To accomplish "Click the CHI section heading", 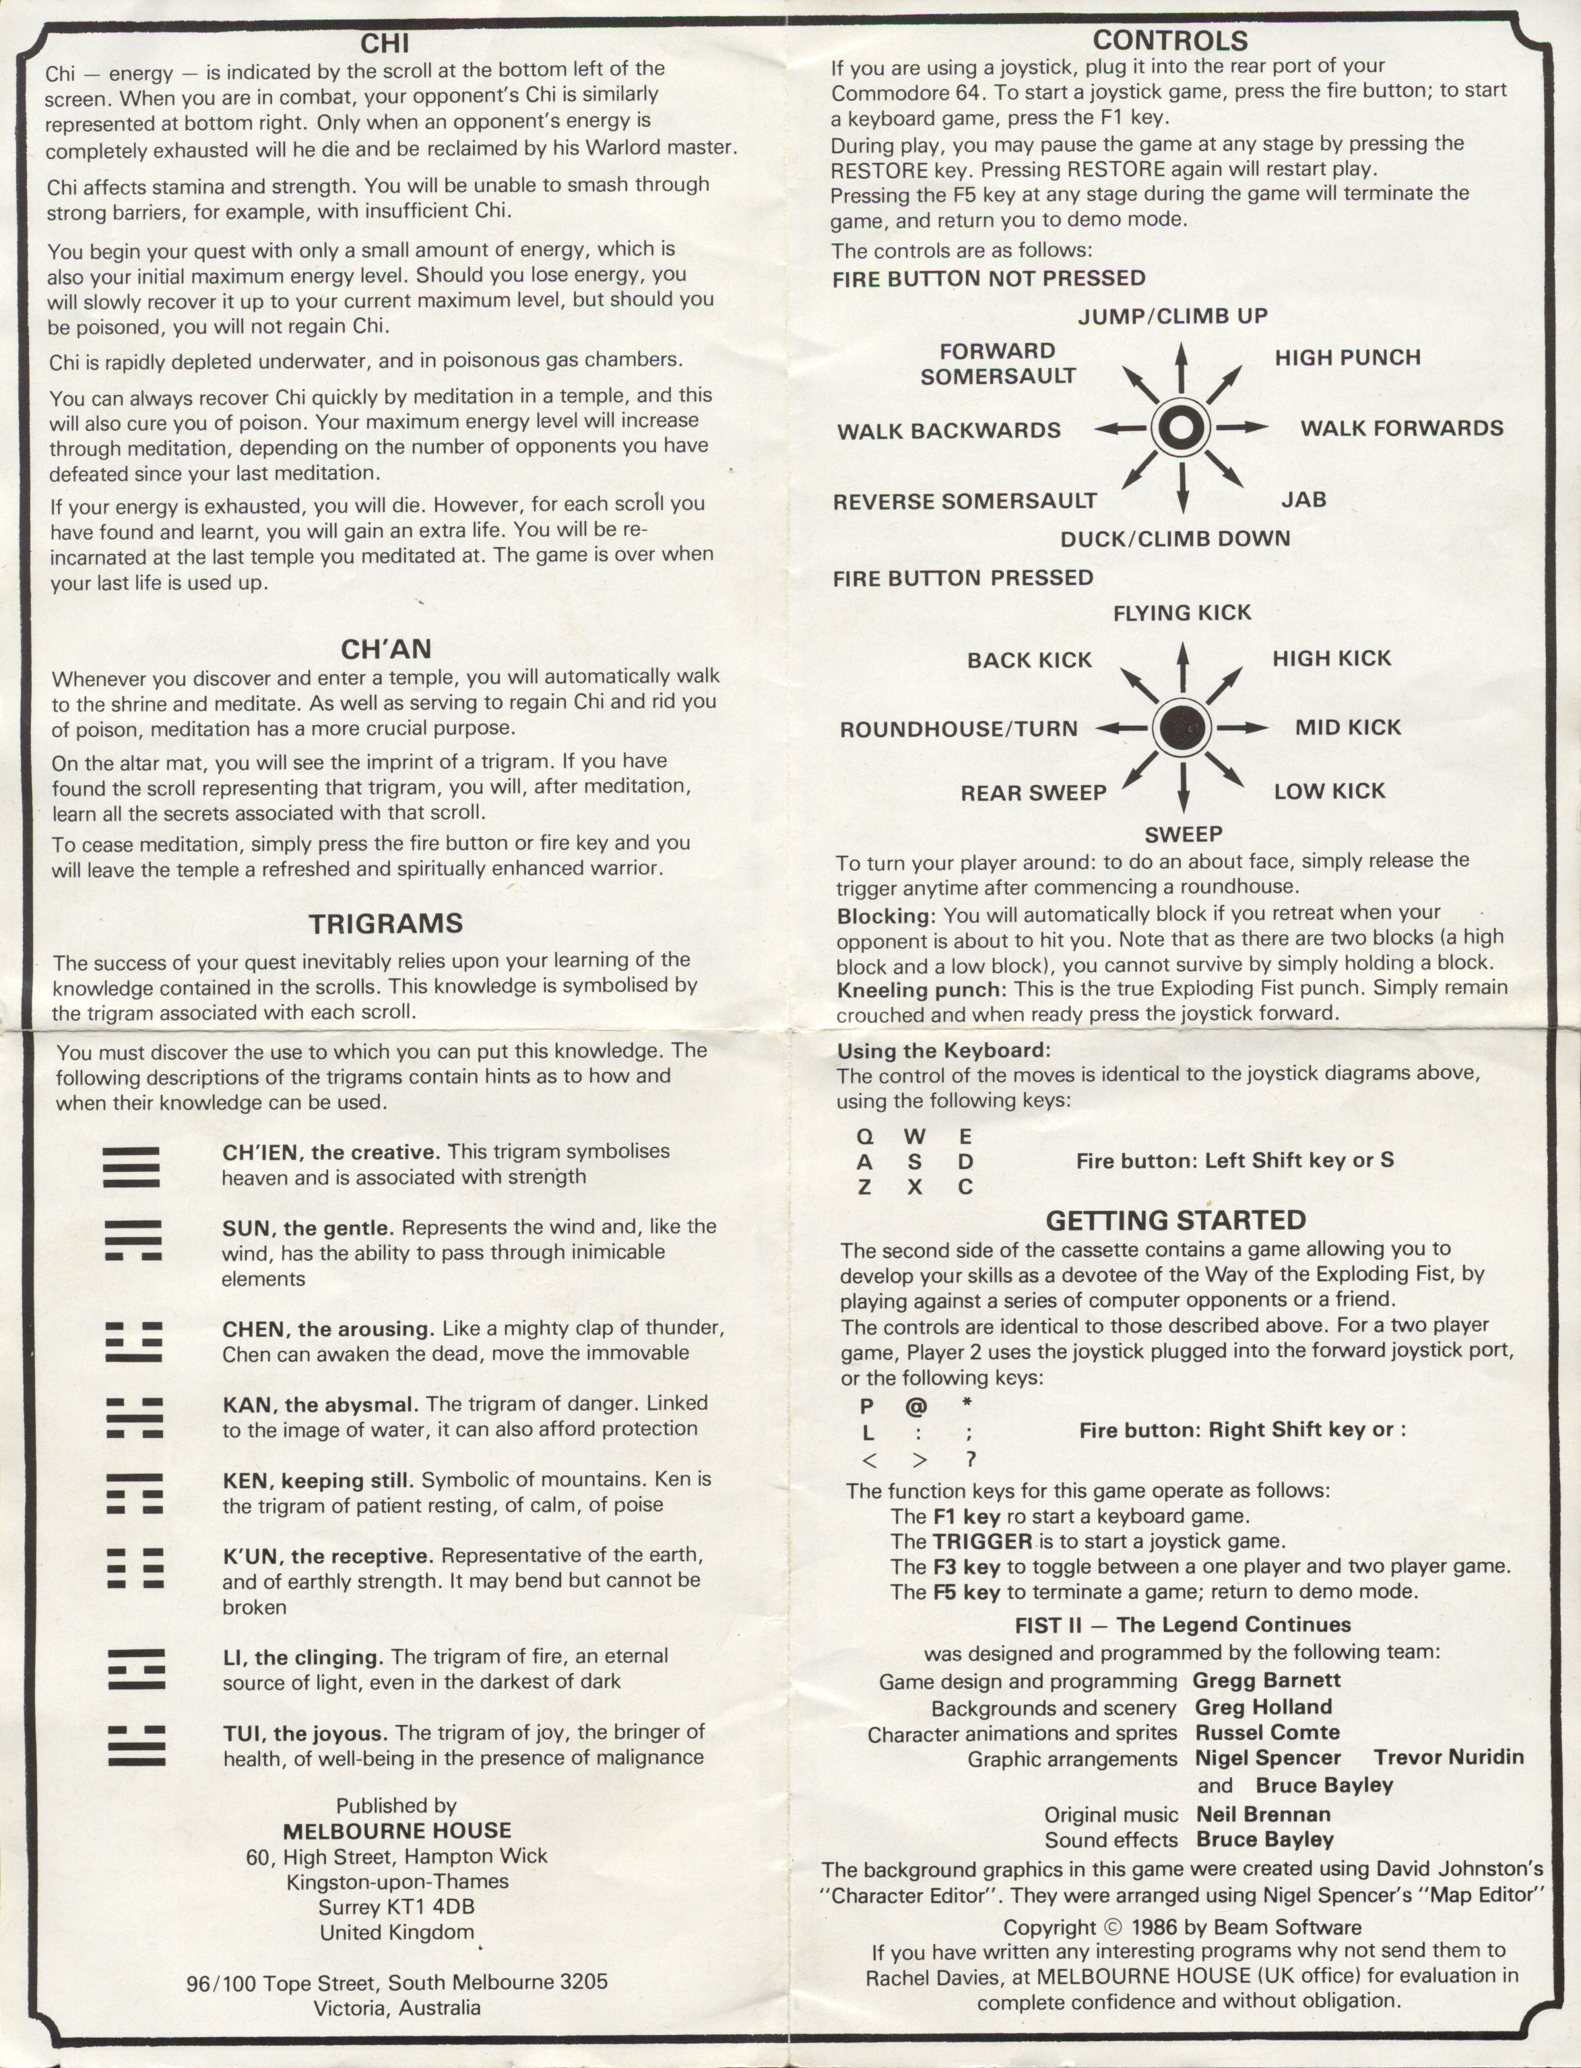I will point(385,43).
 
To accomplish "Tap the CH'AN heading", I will point(386,648).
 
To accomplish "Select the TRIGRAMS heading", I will point(386,922).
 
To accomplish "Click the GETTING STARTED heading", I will point(1175,1220).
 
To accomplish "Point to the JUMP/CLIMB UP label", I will point(1173,316).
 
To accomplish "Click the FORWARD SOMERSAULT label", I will point(998,363).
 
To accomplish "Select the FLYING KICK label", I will point(1182,613).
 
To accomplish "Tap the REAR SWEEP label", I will point(1033,792).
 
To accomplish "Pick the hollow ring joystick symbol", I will point(1182,427).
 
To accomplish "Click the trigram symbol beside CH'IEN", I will point(132,1167).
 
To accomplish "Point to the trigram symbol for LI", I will point(135,1669).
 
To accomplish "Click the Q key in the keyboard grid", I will point(864,1136).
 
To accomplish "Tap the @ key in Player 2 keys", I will point(915,1406).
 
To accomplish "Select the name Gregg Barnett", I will point(1266,1679).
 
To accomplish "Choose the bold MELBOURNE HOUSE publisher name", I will point(397,1831).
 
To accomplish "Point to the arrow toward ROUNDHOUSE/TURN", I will point(1122,728).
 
